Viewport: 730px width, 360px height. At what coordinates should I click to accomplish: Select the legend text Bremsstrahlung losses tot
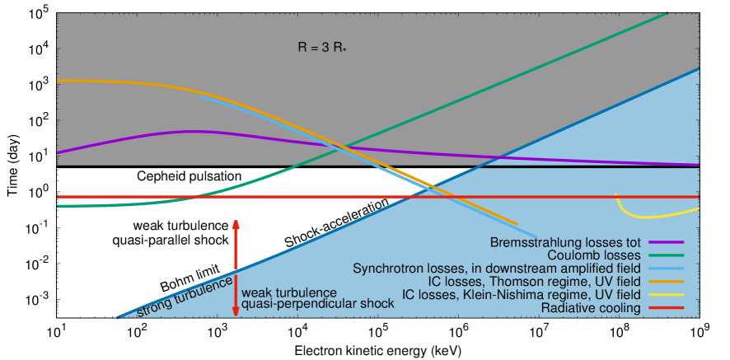565,243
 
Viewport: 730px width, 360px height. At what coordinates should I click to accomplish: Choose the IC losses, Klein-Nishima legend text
521,295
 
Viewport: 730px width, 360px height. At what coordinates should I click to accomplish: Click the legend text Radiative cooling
591,308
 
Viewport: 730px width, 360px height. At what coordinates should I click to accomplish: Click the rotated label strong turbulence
184,299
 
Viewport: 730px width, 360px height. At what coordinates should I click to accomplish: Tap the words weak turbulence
288,292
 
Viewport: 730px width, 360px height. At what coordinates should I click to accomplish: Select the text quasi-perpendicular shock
317,304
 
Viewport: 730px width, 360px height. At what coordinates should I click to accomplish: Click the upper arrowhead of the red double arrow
236,223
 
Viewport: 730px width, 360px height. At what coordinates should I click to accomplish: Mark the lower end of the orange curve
517,223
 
